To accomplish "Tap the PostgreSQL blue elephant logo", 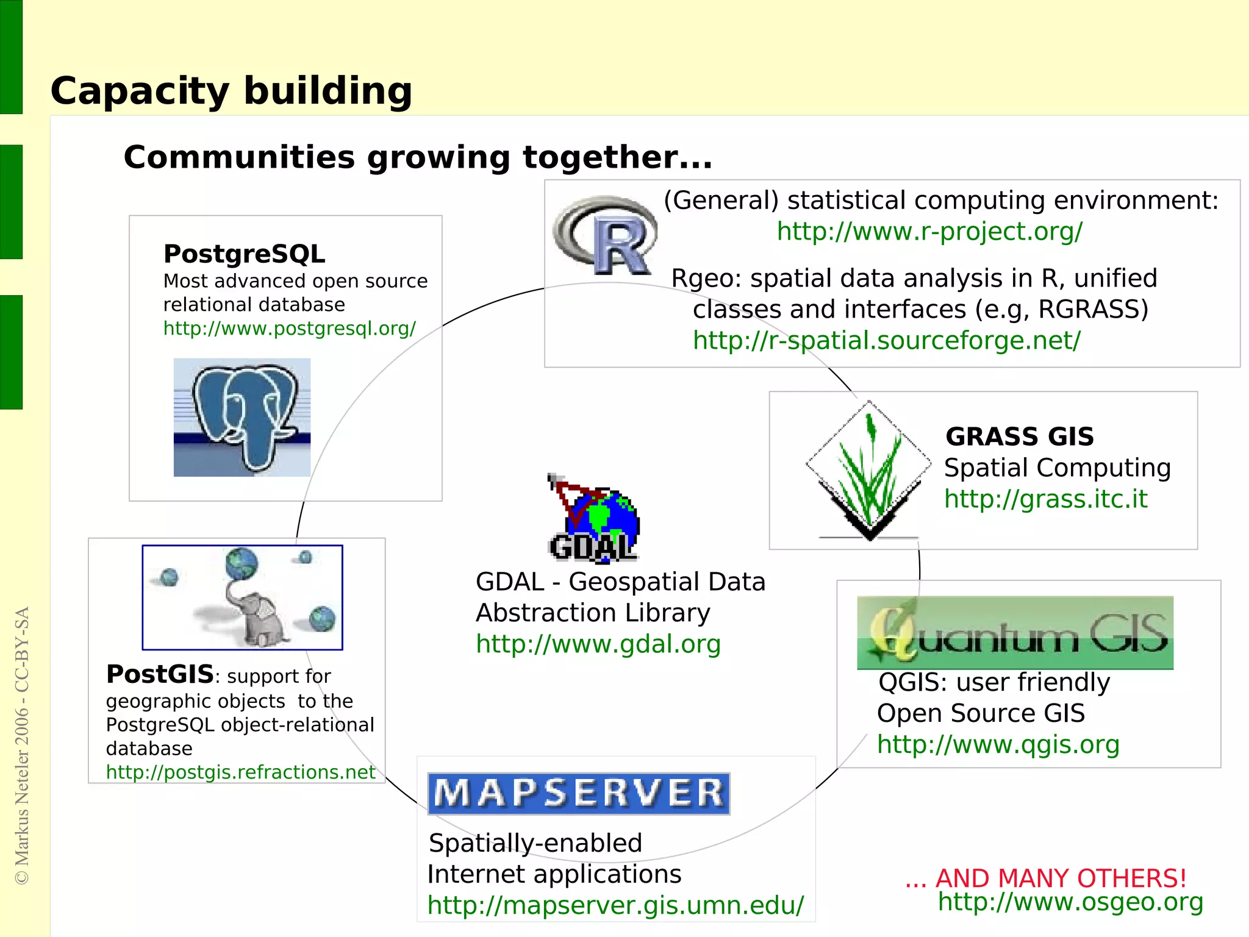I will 243,417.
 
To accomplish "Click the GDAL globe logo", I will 595,520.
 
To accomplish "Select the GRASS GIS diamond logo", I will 868,470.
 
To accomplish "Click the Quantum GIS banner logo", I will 1015,632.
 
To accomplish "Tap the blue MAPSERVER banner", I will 579,793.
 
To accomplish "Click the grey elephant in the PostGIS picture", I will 259,619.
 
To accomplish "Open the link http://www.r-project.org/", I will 929,231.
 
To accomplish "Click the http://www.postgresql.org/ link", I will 289,329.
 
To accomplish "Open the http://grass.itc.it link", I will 1045,499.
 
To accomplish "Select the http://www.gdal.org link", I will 598,644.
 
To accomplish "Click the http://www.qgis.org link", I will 998,744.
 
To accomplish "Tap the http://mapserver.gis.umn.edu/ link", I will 615,905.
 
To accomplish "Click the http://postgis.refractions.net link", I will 240,772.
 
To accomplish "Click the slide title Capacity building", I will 231,91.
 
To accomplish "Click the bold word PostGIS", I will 160,674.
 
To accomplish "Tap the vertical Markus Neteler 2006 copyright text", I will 22,745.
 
